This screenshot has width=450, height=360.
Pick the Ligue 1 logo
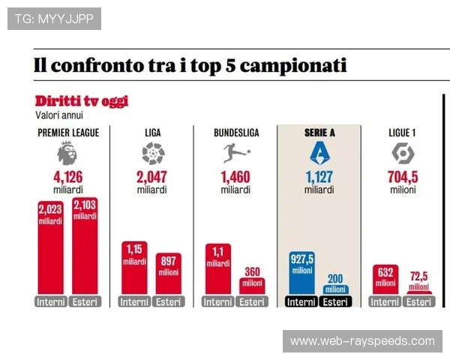(x=403, y=154)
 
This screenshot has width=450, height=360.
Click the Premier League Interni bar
(x=50, y=247)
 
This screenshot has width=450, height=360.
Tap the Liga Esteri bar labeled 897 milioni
(x=169, y=274)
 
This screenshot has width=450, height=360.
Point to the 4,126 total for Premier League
(x=67, y=178)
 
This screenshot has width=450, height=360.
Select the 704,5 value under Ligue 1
(x=403, y=178)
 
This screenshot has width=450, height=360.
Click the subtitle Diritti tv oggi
(x=81, y=101)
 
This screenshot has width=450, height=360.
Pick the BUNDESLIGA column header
(x=235, y=133)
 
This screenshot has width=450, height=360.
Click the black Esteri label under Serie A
(x=334, y=302)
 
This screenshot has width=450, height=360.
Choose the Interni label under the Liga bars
(x=134, y=302)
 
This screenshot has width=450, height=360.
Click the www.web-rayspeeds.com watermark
(x=362, y=341)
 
